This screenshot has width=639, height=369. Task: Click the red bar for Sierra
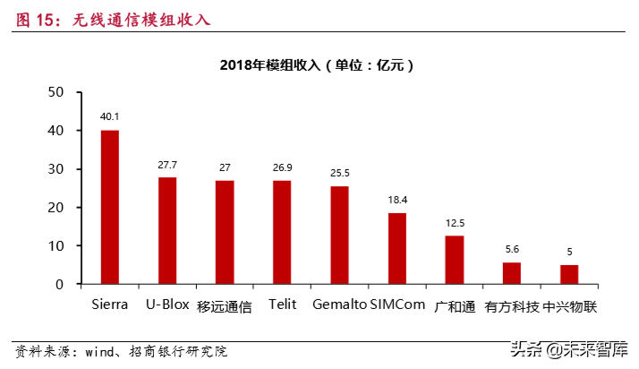(110, 207)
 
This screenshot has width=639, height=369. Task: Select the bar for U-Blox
(167, 230)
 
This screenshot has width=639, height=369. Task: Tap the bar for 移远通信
(225, 232)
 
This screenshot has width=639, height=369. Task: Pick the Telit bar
(282, 232)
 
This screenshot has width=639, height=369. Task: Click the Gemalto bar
(339, 235)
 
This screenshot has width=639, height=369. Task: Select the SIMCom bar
(396, 248)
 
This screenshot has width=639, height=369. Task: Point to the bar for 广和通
(455, 260)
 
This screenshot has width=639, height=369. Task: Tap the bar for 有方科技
(512, 273)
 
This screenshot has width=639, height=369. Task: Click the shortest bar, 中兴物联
(569, 274)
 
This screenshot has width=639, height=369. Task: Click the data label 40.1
(110, 116)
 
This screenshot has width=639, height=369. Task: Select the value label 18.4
(396, 200)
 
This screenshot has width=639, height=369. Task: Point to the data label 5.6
(512, 249)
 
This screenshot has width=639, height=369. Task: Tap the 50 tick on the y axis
(56, 92)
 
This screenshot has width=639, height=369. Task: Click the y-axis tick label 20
(56, 207)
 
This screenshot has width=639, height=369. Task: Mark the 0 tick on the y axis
(60, 284)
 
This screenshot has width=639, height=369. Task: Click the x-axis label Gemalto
(339, 305)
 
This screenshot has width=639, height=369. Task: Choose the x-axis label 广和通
(455, 306)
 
